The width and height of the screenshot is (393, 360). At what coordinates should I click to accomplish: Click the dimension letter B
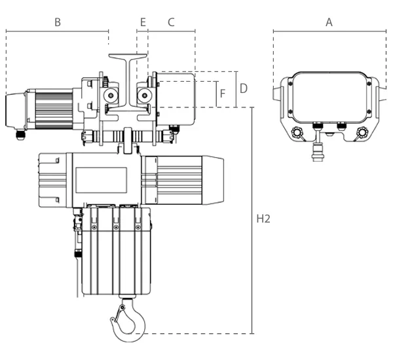tap(58, 22)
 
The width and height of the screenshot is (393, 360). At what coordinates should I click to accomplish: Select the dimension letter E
tap(143, 22)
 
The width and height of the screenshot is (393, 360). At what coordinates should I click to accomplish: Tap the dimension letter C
tap(171, 22)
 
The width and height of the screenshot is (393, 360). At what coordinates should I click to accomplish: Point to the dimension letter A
tap(329, 22)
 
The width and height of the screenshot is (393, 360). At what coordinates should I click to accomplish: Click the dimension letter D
tap(244, 88)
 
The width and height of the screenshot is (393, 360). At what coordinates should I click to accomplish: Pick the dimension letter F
tap(223, 94)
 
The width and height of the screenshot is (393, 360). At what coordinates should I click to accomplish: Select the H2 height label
tap(263, 219)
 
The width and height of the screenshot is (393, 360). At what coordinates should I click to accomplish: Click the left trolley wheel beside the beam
tap(111, 95)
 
